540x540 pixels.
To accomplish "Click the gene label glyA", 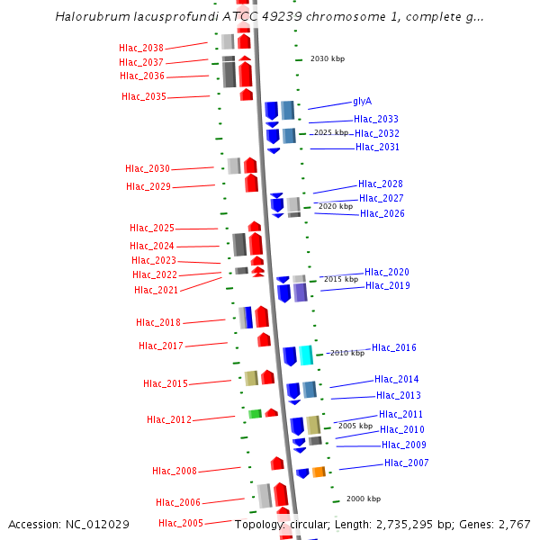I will pos(363,102).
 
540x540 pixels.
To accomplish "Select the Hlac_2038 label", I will pos(141,48).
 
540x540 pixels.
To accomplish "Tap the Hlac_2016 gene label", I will pos(394,347).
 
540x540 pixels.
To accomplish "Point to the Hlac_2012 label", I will pos(169,419).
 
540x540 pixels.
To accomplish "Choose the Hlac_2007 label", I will pos(407,463).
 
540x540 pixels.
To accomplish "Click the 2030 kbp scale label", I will pos(328,58).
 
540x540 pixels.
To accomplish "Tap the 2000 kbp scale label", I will pos(364,499).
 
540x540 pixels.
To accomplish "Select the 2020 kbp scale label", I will pos(336,206).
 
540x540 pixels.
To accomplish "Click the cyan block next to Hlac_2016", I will pos(306,355).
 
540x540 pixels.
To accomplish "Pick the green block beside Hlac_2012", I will pos(255,414).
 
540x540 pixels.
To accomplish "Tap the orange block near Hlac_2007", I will pos(319,472).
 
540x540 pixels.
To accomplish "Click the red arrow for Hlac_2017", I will pos(264,339).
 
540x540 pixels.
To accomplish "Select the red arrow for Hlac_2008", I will pos(277,463).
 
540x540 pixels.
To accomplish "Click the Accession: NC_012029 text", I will pos(68,524).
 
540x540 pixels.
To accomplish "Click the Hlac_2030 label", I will pos(148,168).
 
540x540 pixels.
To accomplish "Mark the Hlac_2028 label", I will pos(381,184).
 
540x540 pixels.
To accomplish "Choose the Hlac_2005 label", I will pos(181,523).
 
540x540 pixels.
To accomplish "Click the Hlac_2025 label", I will pos(152,228).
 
